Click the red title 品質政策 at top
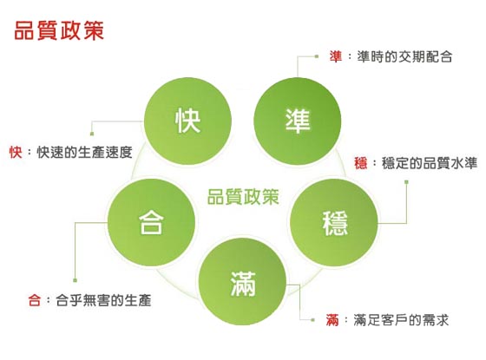59,30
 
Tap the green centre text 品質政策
243,196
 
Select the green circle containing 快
187,121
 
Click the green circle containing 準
297,121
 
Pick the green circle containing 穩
334,222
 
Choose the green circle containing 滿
242,281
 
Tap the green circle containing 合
151,222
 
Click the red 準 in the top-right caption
336,56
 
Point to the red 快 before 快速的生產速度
16,152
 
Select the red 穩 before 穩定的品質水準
361,163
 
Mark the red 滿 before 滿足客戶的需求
332,320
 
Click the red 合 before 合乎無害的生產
35,300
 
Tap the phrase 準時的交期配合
404,56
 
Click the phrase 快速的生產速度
85,152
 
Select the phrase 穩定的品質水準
430,163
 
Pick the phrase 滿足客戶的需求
401,320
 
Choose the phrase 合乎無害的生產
103,300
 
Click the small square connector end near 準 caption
317,56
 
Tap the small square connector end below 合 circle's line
75,280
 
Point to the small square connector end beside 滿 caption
312,320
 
